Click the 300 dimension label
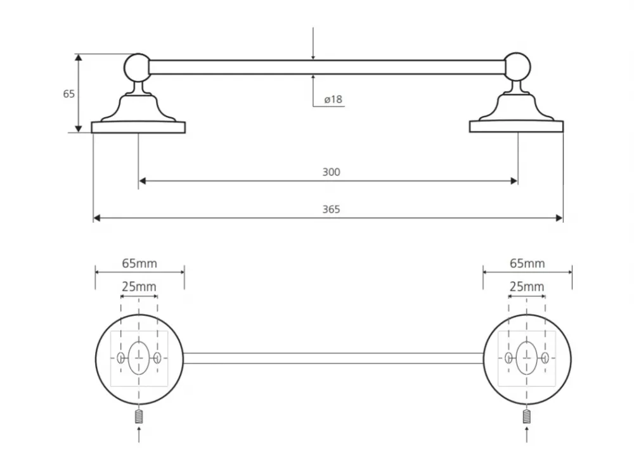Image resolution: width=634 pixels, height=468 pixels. (x=331, y=172)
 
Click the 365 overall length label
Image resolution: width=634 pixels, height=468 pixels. (x=331, y=209)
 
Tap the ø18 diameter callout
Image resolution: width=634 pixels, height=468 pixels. (x=333, y=99)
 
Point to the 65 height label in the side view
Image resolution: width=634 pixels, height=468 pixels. (x=68, y=94)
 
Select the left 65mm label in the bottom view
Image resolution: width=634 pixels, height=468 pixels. (x=139, y=263)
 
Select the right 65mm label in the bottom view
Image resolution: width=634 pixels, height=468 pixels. (x=527, y=263)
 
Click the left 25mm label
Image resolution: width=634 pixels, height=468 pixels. (x=139, y=287)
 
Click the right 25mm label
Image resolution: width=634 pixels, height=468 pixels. (x=527, y=287)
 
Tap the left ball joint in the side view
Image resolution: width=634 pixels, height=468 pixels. (x=138, y=67)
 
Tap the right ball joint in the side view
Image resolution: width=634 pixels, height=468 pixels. (x=517, y=66)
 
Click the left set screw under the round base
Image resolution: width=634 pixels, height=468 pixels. (x=139, y=417)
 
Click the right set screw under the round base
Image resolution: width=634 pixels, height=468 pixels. (x=526, y=416)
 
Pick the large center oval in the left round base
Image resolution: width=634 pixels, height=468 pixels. (x=139, y=358)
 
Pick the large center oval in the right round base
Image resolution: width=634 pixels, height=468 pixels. (x=527, y=358)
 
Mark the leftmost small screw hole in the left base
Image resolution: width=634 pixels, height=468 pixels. (x=120, y=358)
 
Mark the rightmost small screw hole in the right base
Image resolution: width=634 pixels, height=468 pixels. (x=545, y=358)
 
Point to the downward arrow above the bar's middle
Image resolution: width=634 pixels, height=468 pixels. (x=313, y=44)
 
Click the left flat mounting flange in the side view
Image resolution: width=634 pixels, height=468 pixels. (x=138, y=127)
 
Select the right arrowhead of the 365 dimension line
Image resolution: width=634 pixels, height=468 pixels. (x=559, y=218)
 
